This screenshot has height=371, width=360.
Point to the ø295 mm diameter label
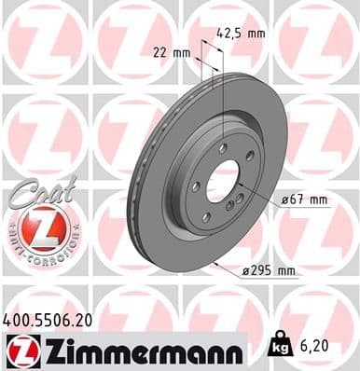[x=269, y=271]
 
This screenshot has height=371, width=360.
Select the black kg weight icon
[x=279, y=347]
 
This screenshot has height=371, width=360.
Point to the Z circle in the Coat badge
[x=39, y=227]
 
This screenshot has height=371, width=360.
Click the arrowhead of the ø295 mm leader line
[x=215, y=266]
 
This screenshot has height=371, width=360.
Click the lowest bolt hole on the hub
[x=205, y=217]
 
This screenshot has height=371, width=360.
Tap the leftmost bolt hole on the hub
[x=195, y=186]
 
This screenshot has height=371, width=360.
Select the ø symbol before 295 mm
[x=243, y=271]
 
